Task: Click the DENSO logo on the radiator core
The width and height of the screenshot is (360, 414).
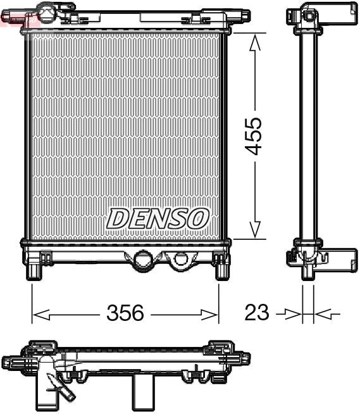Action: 158,218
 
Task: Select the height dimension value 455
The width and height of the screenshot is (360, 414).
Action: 254,135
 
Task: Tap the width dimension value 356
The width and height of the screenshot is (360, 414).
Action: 125,313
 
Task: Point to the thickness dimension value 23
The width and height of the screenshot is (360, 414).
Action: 256,313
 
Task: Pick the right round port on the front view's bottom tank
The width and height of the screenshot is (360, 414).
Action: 181,259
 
